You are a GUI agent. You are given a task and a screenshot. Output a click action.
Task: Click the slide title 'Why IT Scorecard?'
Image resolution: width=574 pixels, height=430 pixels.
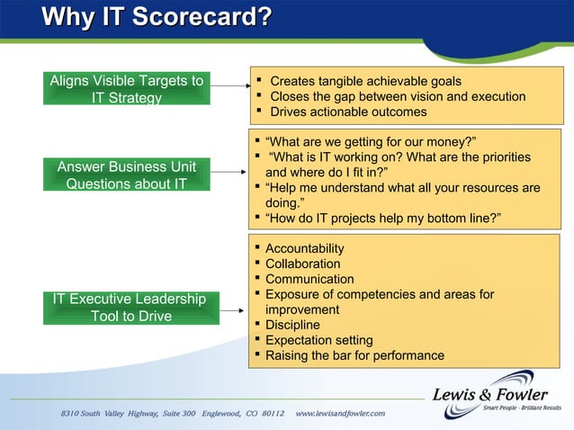(157, 18)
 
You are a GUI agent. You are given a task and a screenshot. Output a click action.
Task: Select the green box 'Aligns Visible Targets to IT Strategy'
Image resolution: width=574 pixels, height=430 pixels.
(127, 89)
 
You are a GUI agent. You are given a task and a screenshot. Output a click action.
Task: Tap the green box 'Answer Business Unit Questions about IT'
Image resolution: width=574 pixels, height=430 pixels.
(127, 175)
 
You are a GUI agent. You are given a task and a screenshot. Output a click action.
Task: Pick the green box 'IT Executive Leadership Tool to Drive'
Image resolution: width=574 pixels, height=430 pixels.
(128, 307)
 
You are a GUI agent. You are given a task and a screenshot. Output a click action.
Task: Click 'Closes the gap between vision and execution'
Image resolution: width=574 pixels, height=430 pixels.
(398, 97)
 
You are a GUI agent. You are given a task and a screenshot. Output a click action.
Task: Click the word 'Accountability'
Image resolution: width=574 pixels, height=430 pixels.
(304, 248)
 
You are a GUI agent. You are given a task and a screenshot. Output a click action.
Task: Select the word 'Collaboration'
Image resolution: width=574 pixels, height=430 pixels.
(302, 264)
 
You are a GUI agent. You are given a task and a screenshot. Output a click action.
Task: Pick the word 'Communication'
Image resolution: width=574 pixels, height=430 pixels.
(309, 279)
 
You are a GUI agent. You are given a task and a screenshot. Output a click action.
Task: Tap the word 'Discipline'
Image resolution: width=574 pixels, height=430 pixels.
(292, 325)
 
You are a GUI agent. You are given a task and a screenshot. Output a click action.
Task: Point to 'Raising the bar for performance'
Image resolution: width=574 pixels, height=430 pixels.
(354, 355)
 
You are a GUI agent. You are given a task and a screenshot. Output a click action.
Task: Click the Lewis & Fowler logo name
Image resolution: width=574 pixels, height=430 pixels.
(489, 394)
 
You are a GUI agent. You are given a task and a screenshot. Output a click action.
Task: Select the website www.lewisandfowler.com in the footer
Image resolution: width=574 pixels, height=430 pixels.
(340, 413)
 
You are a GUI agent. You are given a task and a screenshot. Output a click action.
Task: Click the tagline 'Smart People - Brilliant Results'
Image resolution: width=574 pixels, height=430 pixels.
(522, 408)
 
